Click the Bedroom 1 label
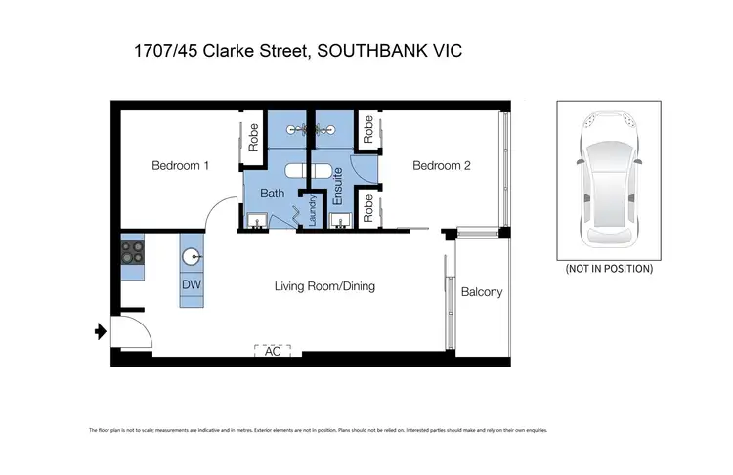[x=180, y=166]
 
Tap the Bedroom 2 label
[x=442, y=166]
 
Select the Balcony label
[x=481, y=292]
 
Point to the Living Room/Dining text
[x=324, y=286]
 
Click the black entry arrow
[x=99, y=332]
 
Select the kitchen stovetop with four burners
[x=132, y=253]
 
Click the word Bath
[x=272, y=194]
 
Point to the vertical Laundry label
[x=313, y=210]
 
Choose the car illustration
[x=609, y=181]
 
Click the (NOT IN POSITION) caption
[x=609, y=268]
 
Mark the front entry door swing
[x=129, y=331]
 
